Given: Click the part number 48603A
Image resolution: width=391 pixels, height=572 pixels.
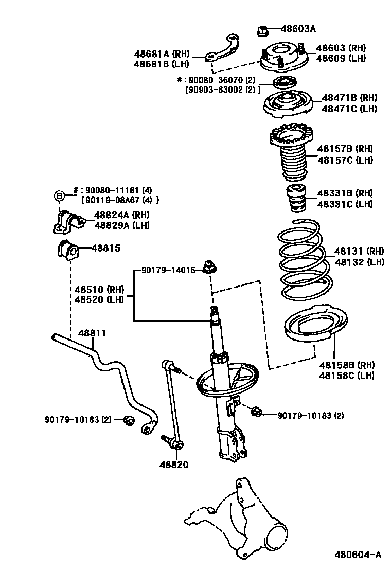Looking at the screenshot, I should click(x=298, y=29).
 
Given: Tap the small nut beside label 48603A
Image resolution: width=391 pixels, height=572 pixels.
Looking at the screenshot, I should click(x=261, y=30).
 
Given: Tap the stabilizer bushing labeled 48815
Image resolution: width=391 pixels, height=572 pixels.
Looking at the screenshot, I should click(x=65, y=249).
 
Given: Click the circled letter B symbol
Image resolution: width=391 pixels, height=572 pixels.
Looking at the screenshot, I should click(x=59, y=195).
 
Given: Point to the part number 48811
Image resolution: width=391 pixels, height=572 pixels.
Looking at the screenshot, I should click(x=92, y=333).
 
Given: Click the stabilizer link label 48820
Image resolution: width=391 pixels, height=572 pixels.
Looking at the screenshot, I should click(x=173, y=464).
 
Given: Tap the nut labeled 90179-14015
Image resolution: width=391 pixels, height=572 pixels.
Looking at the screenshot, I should click(x=209, y=267).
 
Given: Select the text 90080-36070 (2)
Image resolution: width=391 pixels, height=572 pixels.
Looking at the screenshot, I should click(x=221, y=80).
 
